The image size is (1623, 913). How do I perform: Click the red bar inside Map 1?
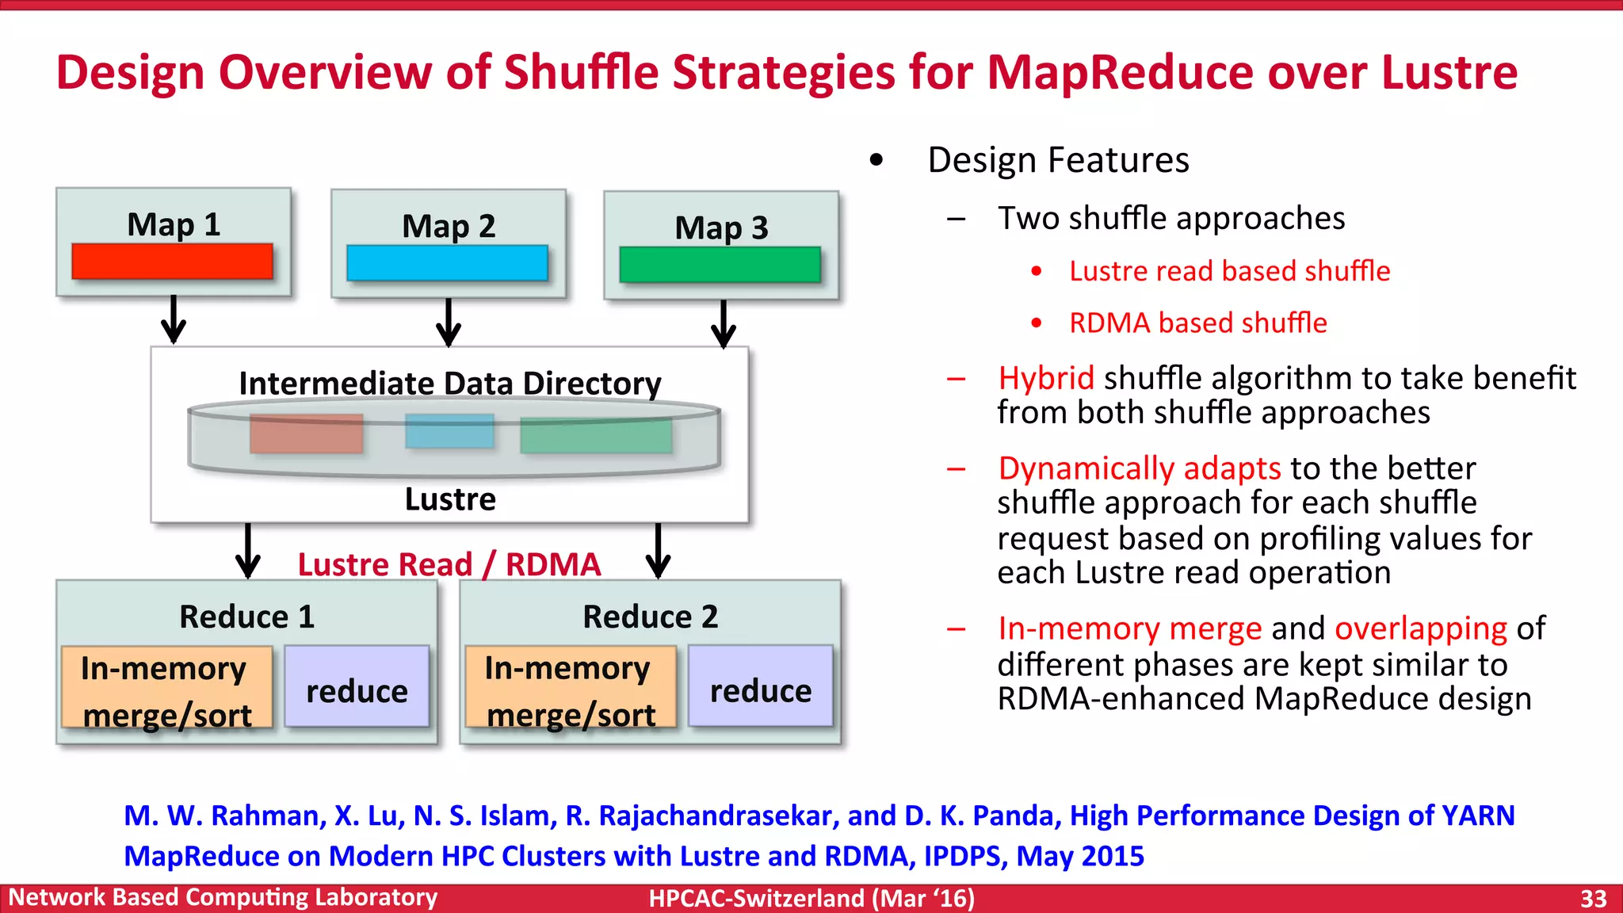[172, 261]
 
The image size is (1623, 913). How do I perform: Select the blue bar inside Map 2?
[447, 262]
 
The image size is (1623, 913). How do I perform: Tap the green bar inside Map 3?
[720, 265]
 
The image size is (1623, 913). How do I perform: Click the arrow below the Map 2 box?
[449, 323]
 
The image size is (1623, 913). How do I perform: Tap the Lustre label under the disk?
[450, 499]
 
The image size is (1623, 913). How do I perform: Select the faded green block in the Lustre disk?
[596, 436]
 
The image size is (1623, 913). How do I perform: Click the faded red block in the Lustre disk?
[307, 434]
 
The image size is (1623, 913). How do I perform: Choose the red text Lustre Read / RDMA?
[449, 564]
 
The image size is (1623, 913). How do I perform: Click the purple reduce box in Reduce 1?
[357, 686]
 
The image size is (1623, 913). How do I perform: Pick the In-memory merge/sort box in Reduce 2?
[571, 686]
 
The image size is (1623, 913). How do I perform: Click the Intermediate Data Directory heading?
[450, 384]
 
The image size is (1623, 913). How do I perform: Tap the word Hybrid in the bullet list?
[1046, 378]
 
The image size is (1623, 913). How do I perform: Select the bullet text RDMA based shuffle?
[1197, 323]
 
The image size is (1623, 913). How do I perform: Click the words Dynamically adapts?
[1139, 468]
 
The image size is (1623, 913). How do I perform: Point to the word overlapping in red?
[1420, 628]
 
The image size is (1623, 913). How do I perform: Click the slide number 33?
[1593, 899]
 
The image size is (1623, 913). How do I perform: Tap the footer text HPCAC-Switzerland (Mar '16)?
[811, 899]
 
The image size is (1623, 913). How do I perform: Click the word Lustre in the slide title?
[1449, 72]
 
